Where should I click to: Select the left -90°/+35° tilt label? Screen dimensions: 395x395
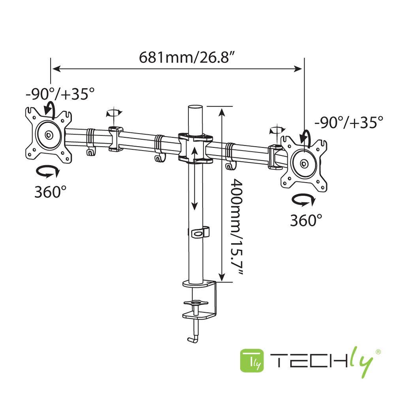tap(60, 94)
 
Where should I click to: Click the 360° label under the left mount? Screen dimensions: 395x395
tap(50, 192)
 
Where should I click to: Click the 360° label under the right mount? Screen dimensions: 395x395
tap(306, 220)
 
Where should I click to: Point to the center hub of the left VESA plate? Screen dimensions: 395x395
tap(49, 135)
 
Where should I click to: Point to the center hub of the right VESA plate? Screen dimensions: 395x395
tap(303, 163)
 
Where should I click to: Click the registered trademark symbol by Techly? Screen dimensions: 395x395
tap(378, 351)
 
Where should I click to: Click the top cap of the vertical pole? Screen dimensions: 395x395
tap(195, 107)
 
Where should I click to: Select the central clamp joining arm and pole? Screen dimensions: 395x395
tap(195, 148)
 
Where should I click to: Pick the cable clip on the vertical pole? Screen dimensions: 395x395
tap(200, 233)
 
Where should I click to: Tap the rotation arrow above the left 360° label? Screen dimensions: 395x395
tap(48, 172)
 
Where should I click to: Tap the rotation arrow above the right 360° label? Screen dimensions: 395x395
tap(303, 200)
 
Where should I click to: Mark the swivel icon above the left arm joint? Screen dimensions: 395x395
tap(114, 113)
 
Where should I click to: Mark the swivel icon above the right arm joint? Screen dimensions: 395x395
tap(277, 130)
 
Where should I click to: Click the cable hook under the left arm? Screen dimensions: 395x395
tap(90, 151)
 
